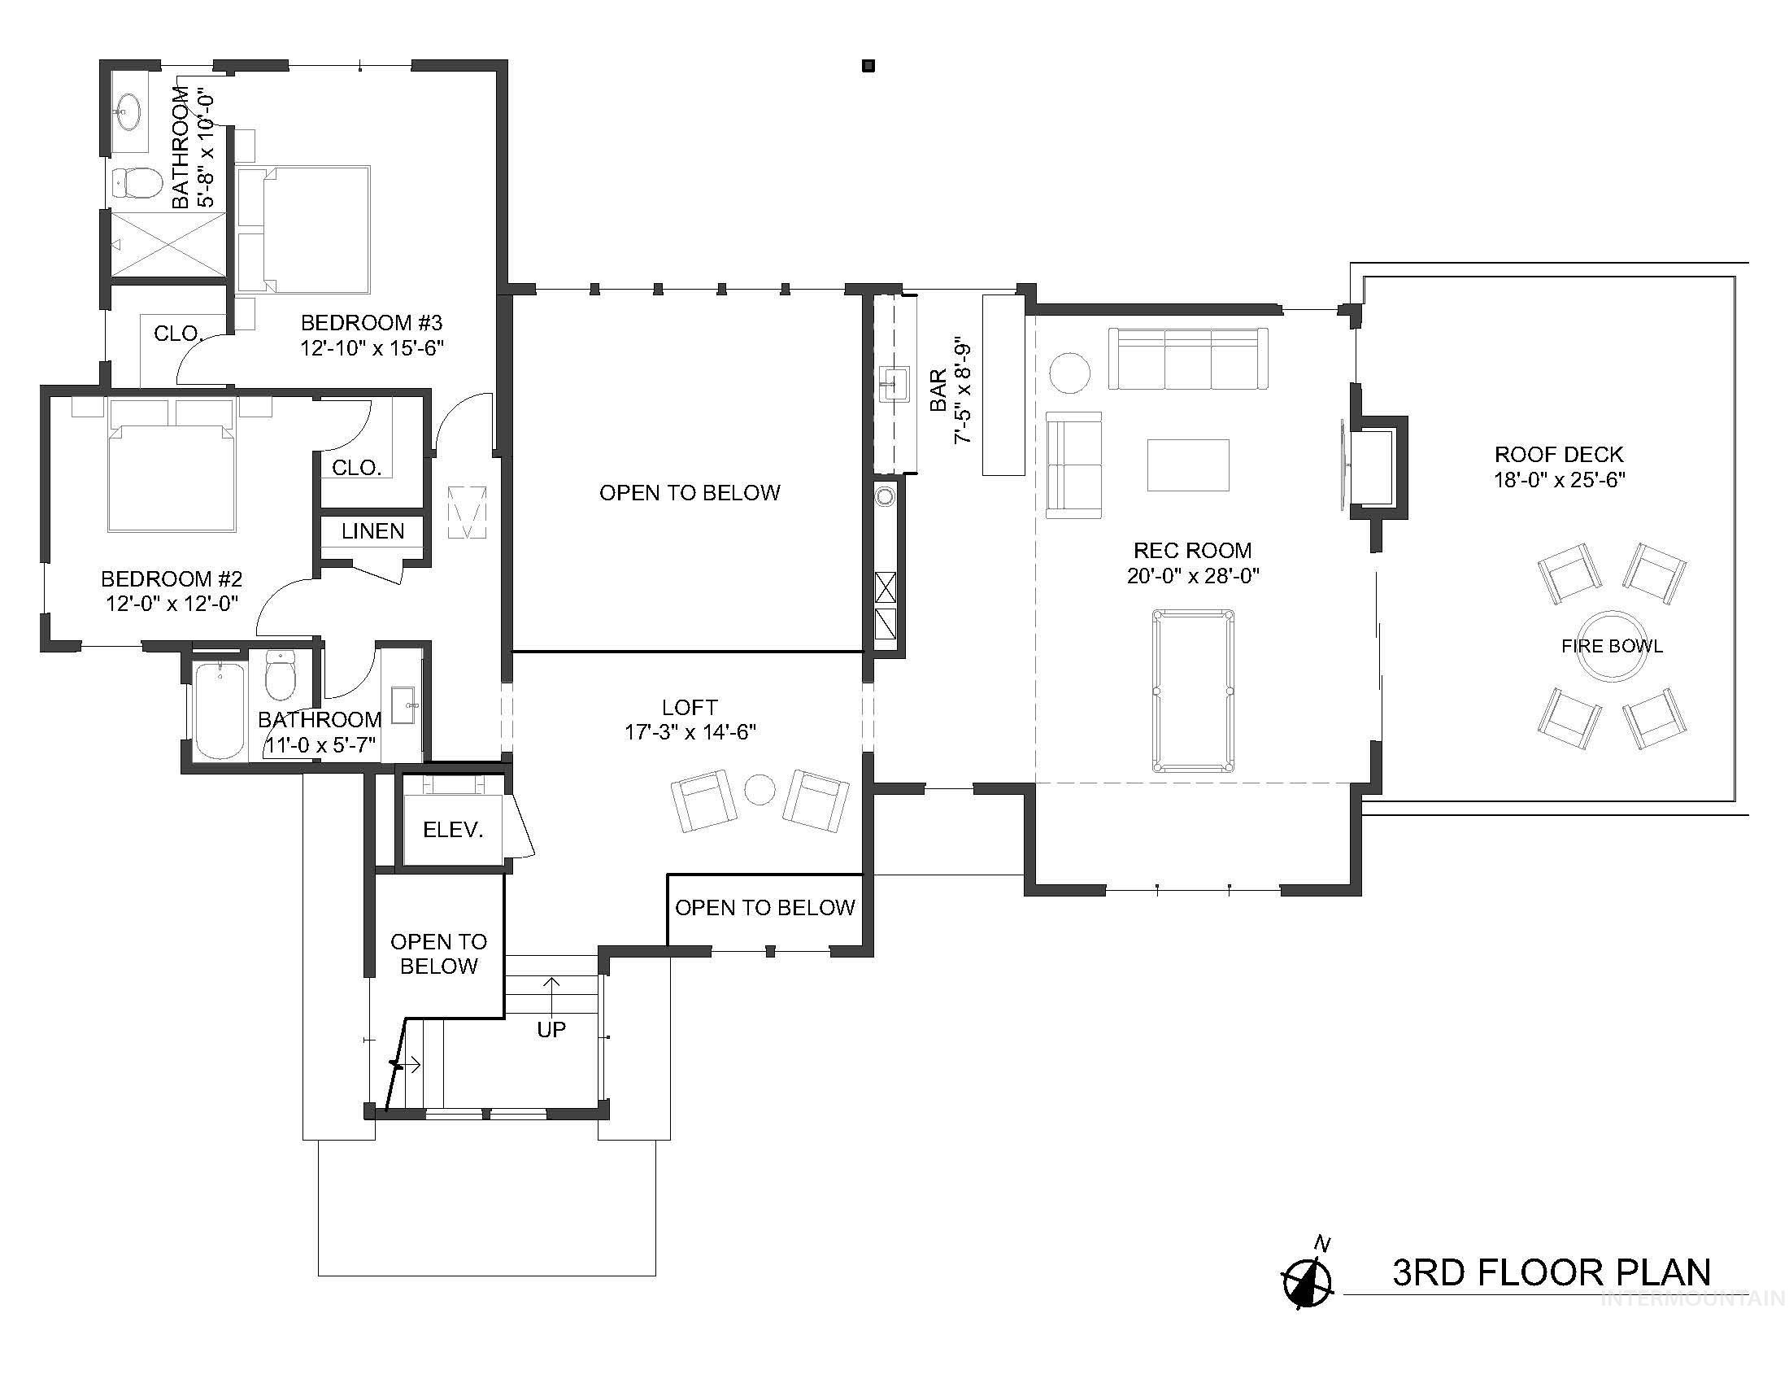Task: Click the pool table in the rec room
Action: pos(1192,691)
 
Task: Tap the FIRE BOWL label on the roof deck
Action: pos(1611,646)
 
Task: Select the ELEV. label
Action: pos(453,829)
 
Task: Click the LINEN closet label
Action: pos(372,531)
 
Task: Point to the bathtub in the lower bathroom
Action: pos(220,710)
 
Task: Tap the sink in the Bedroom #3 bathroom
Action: pos(128,112)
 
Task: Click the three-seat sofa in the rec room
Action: pos(1188,359)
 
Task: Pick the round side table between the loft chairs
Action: pos(760,790)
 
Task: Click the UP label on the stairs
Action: pos(551,1029)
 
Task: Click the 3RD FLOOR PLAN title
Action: pos(1552,1272)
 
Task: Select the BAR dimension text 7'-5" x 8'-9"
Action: pos(963,393)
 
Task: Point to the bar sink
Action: pos(894,384)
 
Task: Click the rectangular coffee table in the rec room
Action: pos(1188,465)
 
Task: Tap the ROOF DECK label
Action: pos(1559,454)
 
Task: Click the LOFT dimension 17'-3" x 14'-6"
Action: pos(690,731)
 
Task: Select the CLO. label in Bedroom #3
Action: pos(178,334)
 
